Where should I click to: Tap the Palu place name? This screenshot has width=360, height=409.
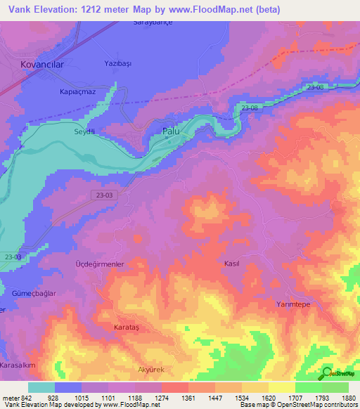point(172,131)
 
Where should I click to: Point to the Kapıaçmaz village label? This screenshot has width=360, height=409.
point(77,92)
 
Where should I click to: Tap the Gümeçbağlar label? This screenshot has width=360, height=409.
point(33,292)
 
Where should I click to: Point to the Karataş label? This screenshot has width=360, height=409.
point(127,327)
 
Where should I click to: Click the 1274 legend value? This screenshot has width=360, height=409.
point(162,397)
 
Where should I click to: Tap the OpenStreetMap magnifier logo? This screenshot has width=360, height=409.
point(328,373)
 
